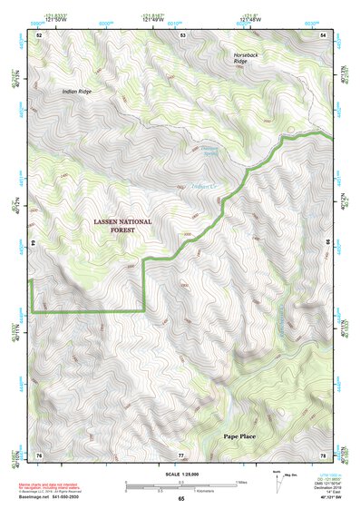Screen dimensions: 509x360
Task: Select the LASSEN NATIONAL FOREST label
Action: click(x=122, y=226)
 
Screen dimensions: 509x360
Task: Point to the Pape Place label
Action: click(x=243, y=436)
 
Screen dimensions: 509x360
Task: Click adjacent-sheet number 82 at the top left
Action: click(x=39, y=34)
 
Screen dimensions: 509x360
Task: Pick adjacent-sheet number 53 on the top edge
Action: click(x=183, y=34)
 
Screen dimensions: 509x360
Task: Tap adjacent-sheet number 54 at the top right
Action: click(x=325, y=34)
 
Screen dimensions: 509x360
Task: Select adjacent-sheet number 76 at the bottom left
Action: click(x=39, y=455)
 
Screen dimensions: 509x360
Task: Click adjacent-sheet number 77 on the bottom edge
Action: click(x=181, y=455)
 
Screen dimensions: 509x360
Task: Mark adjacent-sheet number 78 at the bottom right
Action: click(x=324, y=455)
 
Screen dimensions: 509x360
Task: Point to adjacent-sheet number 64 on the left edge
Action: click(x=37, y=243)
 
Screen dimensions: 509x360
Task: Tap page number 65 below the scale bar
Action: click(x=180, y=499)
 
